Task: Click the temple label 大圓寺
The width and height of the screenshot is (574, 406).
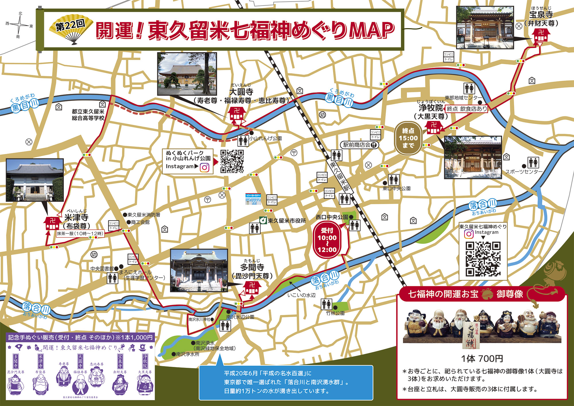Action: coord(241,92)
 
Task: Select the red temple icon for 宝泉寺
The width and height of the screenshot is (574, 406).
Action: coord(541,36)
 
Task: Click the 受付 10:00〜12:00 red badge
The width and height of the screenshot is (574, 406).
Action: coord(327,240)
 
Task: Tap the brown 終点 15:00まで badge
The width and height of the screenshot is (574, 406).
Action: coord(408,138)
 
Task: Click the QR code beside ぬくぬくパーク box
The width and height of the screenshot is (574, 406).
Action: coord(232,161)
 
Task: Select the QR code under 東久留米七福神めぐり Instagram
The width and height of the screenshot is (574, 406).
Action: coord(483,259)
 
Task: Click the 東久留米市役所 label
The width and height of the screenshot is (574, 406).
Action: coord(286,221)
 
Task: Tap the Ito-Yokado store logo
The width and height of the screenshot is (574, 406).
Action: coord(253,199)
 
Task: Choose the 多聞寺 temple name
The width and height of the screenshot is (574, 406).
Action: coord(252,267)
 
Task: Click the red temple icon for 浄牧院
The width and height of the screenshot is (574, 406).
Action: coord(434,128)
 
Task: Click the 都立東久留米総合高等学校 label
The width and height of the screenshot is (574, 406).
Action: coord(88,115)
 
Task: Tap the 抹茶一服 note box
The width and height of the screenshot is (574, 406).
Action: coord(80,234)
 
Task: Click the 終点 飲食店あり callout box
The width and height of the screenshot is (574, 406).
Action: coord(467,109)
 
